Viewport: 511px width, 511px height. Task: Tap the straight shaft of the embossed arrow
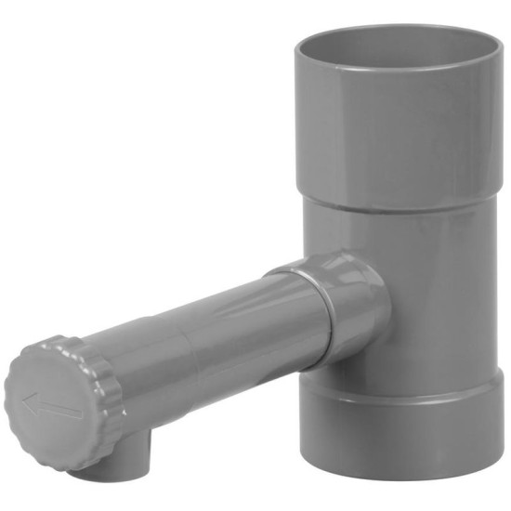tap(58, 409)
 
